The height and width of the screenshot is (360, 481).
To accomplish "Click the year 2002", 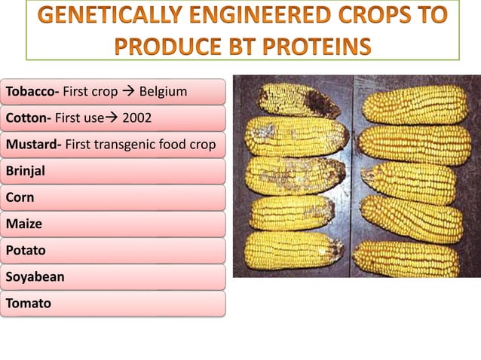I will click(x=147, y=119).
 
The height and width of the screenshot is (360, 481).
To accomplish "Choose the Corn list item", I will click(x=20, y=197).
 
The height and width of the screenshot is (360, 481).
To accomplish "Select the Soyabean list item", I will click(x=35, y=276).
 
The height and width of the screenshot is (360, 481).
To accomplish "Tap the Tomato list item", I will click(x=29, y=303).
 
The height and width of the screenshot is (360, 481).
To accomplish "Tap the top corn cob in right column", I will click(x=415, y=104).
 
